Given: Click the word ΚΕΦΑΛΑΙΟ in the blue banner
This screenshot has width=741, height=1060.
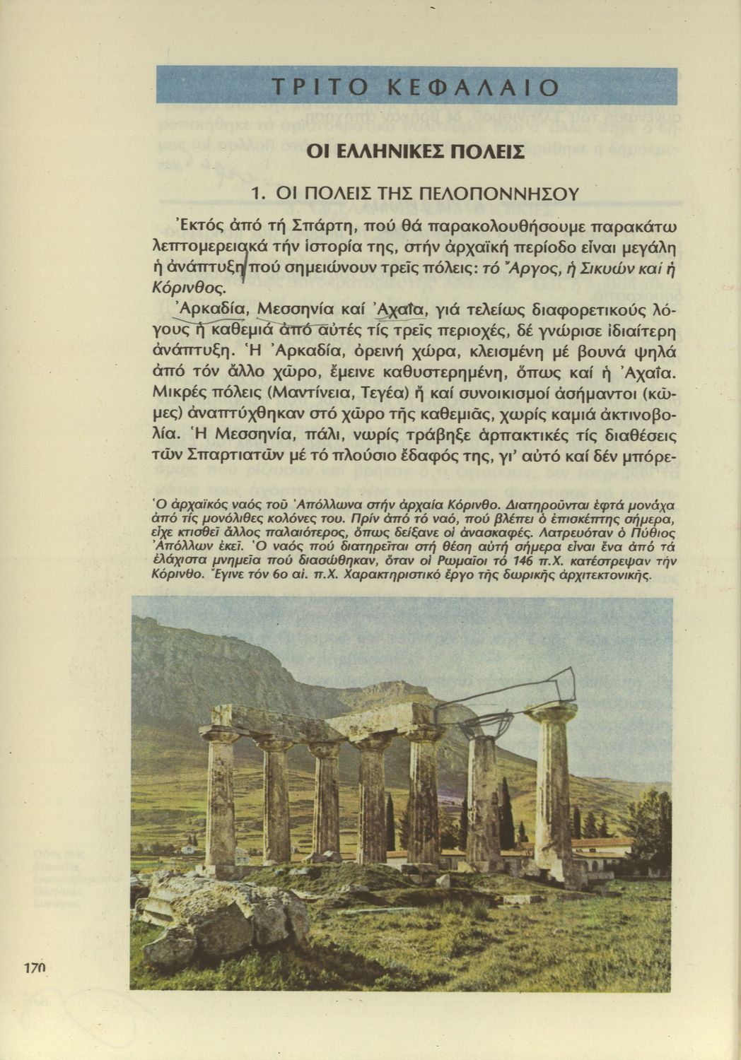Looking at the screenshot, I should click(x=474, y=87).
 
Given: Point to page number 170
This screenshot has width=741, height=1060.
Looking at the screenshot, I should click(x=33, y=968).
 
